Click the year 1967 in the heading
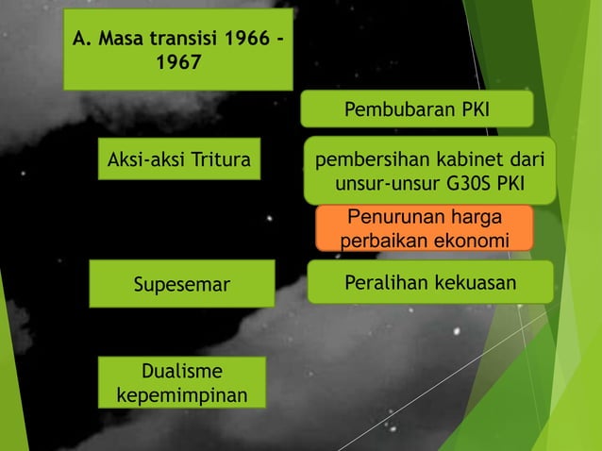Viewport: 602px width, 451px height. [177, 66]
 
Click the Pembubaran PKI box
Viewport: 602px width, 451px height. [416, 109]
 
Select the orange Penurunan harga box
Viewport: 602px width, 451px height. [424, 228]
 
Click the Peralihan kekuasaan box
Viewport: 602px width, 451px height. [429, 283]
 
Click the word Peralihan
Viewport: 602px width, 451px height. [380, 283]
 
